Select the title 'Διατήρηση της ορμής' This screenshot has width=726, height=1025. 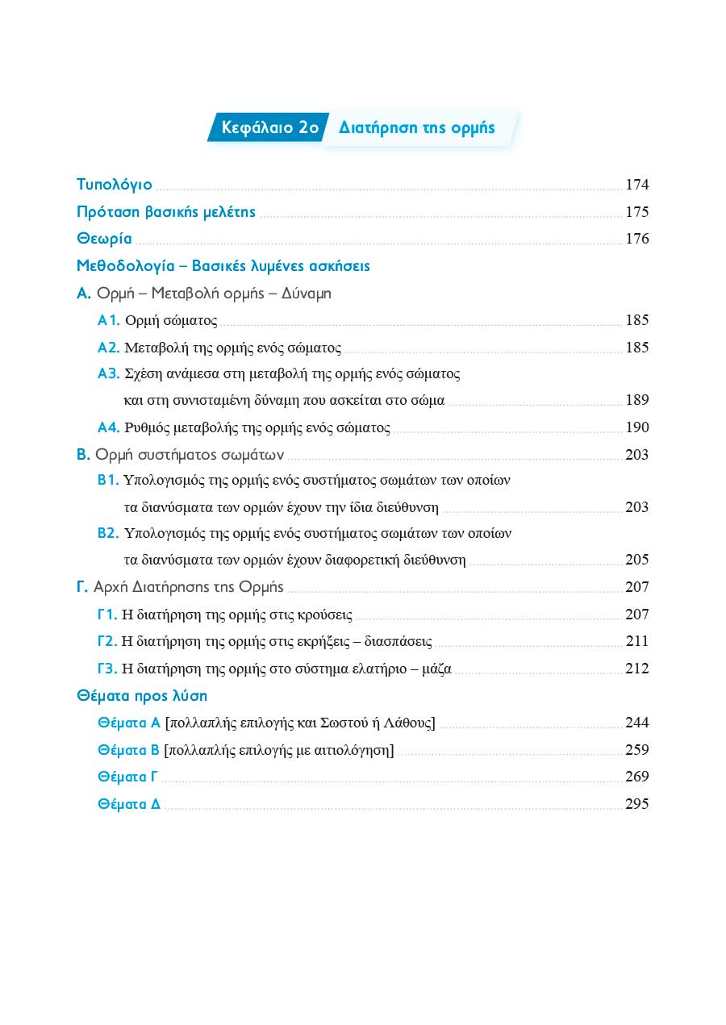coord(417,128)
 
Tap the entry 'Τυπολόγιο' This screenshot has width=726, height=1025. coord(114,185)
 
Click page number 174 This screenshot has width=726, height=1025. coord(636,185)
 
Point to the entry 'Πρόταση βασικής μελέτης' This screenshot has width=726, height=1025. coord(165,212)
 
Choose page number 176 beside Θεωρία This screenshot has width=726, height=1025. coord(636,239)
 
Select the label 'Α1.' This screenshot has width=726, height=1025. coord(108,321)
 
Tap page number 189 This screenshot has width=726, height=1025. coord(636,400)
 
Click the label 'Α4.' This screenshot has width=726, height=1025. coord(108,427)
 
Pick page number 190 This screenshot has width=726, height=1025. coord(636,427)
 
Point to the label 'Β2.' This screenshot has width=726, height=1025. coord(108,533)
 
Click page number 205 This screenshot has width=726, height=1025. coord(636,560)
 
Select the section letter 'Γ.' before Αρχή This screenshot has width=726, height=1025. coord(82,587)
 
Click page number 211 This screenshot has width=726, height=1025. coord(636,642)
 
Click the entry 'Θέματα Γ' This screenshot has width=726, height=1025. coord(127,777)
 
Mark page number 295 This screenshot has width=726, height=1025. coord(636,804)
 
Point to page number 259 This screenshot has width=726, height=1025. coord(636,750)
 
